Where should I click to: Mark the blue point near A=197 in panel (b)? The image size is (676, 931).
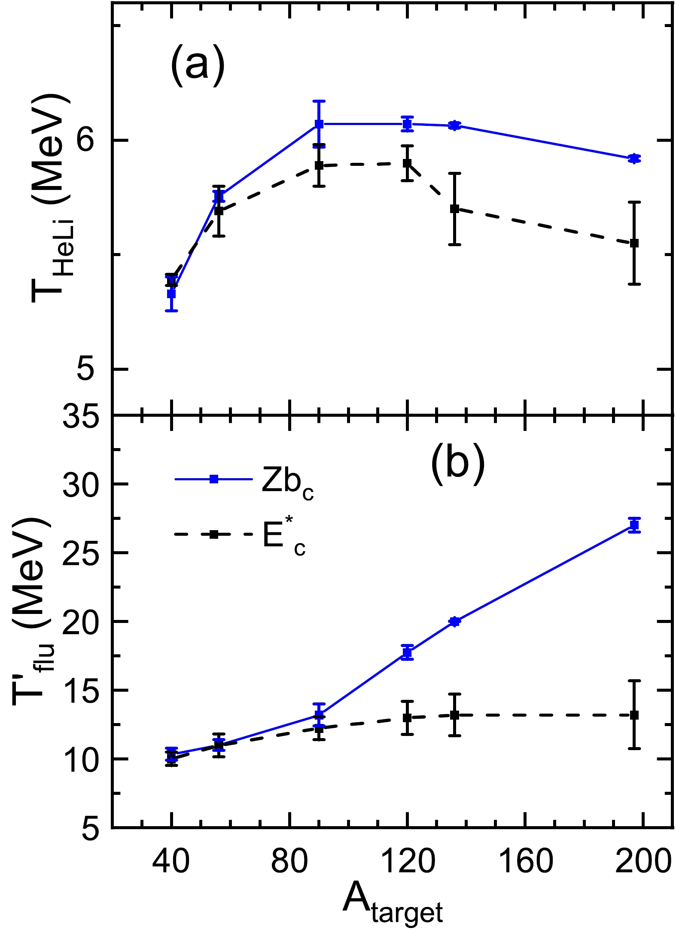pyautogui.click(x=634, y=525)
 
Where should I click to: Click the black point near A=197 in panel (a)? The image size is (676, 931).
pyautogui.click(x=634, y=243)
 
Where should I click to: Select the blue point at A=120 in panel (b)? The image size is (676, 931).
pyautogui.click(x=407, y=652)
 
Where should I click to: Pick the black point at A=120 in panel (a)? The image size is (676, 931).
pyautogui.click(x=407, y=163)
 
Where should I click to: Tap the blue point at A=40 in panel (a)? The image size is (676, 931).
pyautogui.click(x=171, y=294)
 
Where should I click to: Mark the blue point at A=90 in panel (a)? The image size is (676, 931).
pyautogui.click(x=319, y=124)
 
